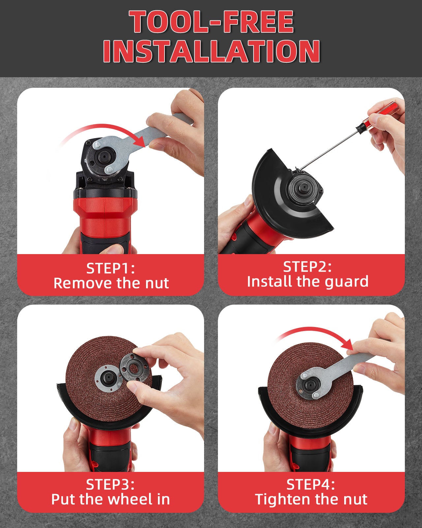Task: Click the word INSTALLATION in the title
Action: (x=211, y=51)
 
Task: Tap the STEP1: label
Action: (x=110, y=268)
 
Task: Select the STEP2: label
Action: (x=307, y=267)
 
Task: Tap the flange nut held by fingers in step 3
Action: (x=134, y=367)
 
